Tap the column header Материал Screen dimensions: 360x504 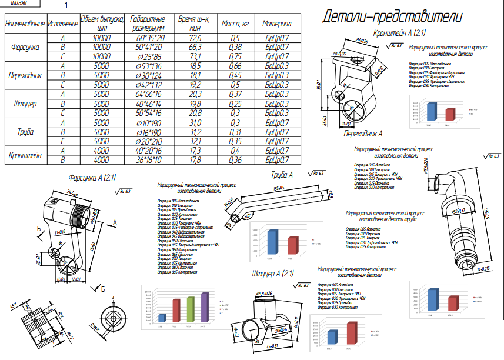click(x=277, y=25)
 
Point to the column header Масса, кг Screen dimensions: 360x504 click(x=235, y=25)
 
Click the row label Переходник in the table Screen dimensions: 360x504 click(x=24, y=76)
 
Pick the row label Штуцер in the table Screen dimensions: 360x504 click(x=24, y=104)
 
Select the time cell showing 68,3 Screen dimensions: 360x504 click(x=195, y=47)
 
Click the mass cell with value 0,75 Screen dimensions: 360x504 click(x=235, y=56)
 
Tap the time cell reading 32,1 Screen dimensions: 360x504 click(x=195, y=141)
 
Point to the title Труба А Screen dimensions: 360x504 click(x=282, y=175)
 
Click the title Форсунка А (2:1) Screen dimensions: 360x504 click(x=92, y=177)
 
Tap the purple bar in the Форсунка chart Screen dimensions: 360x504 click(x=205, y=307)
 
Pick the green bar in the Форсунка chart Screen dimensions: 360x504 click(x=190, y=309)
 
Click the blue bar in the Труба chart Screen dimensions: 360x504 click(x=272, y=242)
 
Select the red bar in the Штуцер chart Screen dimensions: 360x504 click(x=352, y=333)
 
